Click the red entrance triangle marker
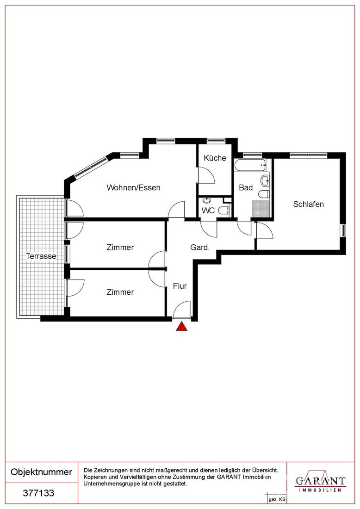[182, 327]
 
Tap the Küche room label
[215, 158]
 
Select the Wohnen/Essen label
[133, 187]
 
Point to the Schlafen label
[308, 204]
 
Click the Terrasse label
[41, 256]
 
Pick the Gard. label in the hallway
[200, 248]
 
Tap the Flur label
[180, 286]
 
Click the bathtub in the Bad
[251, 165]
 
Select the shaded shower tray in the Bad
[261, 209]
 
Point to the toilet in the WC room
[224, 211]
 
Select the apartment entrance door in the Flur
[182, 310]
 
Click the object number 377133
[38, 493]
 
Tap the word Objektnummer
[42, 472]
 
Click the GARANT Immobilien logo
[320, 481]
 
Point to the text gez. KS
[277, 500]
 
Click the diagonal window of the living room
[91, 167]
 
